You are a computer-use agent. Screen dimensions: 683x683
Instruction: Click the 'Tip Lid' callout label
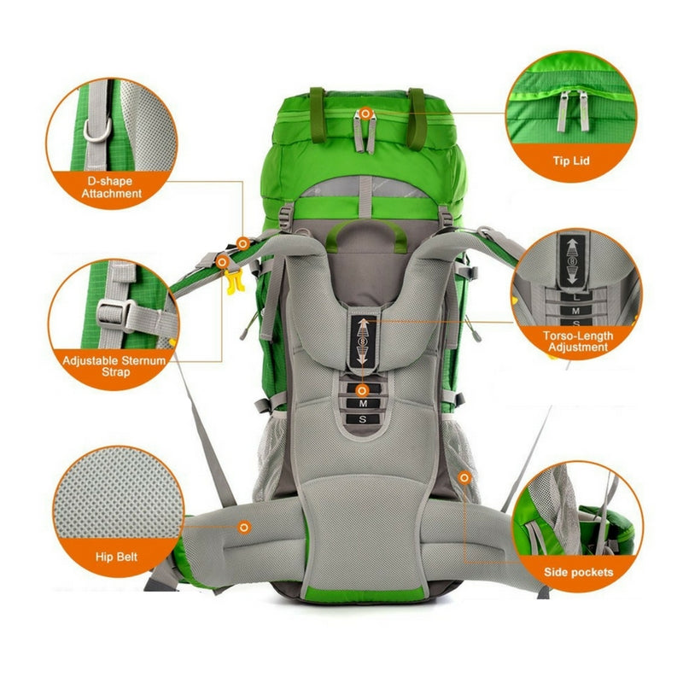[571, 161]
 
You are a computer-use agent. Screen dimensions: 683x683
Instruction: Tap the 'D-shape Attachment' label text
[111, 187]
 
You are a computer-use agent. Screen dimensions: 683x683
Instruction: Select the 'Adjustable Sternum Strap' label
[114, 366]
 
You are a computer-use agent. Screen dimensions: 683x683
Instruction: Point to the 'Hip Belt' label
[116, 557]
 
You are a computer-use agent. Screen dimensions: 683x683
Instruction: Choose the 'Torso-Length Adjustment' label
[578, 341]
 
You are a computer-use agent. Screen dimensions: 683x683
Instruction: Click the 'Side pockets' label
[578, 572]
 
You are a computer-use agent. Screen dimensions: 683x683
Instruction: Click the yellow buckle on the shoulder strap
[234, 281]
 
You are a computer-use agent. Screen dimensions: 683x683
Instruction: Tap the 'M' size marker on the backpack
[363, 404]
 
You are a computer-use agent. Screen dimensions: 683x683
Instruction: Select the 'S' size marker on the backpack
[363, 419]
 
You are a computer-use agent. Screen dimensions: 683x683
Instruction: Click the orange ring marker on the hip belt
[244, 528]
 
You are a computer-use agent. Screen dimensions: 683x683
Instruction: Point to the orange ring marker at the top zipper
[366, 114]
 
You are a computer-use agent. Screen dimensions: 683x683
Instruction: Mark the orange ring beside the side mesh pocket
[464, 478]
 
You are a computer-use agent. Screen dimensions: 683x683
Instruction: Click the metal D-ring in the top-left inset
[97, 130]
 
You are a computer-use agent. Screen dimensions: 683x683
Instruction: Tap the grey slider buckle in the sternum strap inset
[115, 315]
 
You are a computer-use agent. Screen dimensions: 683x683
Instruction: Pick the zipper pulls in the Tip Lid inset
[573, 111]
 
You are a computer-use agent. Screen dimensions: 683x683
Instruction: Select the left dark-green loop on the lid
[318, 115]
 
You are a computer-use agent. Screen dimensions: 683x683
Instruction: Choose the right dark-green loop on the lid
[417, 119]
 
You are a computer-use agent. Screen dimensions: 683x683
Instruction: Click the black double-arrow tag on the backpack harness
[362, 341]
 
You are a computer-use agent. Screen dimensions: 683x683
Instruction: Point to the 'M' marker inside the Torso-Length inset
[575, 311]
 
